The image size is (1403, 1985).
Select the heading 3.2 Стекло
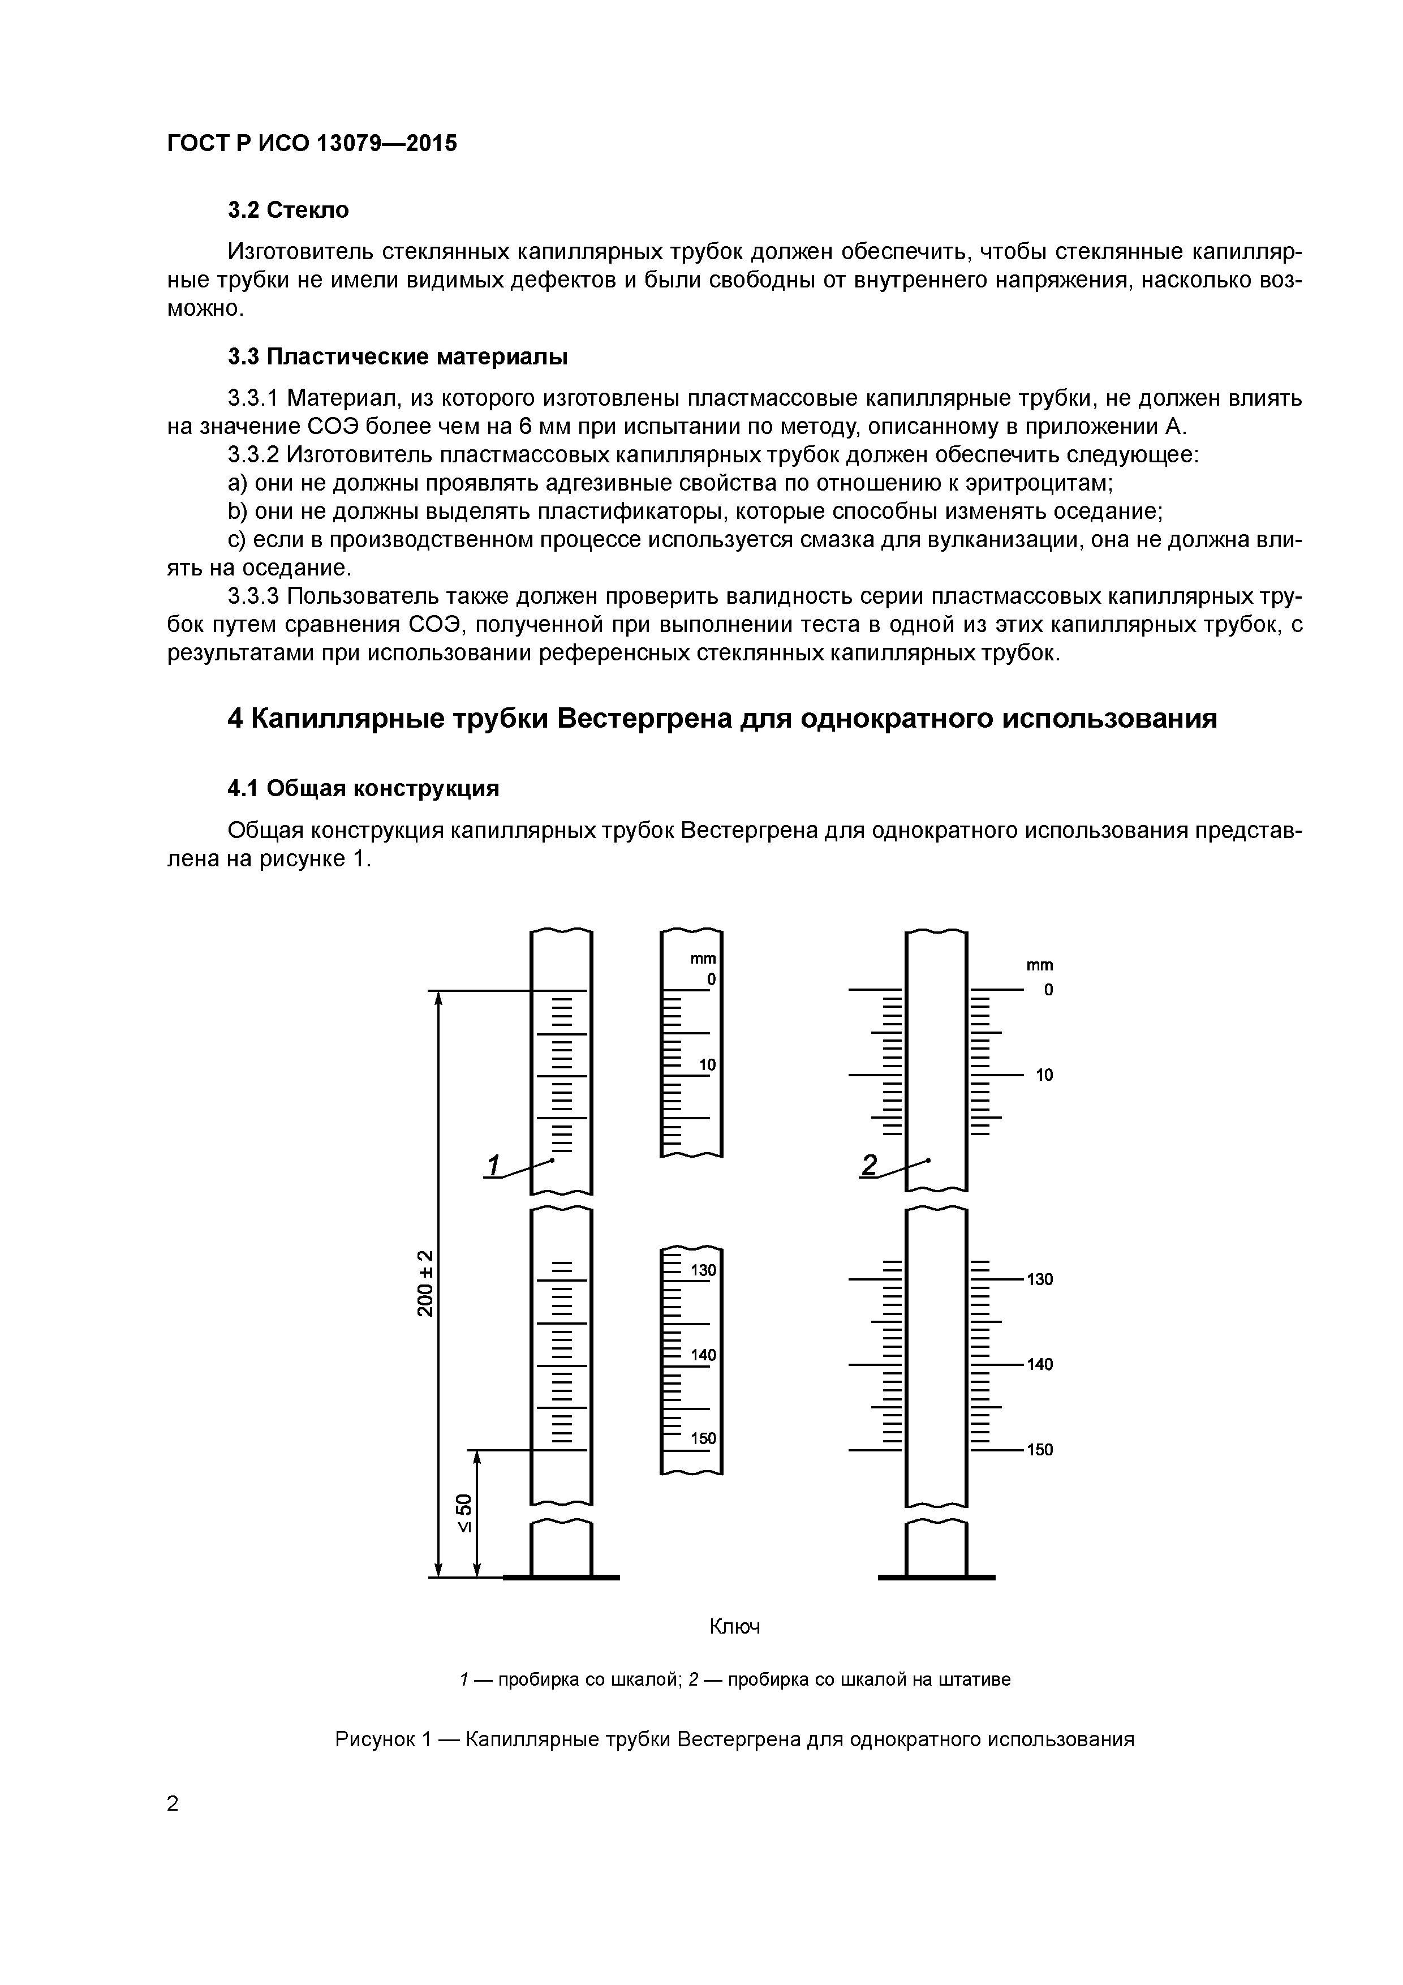[288, 210]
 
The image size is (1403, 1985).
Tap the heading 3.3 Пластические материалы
[398, 356]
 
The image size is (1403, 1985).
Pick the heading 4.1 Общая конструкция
[363, 788]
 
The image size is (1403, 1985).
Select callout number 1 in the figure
[493, 1166]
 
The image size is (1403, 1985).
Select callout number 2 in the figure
[869, 1166]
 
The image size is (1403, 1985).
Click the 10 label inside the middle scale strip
[707, 1065]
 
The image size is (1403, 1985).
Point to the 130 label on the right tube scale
[1040, 1279]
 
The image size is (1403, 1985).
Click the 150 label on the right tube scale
[1040, 1450]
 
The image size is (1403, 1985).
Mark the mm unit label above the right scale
[1040, 965]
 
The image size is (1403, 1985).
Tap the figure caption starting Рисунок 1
[734, 1739]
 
